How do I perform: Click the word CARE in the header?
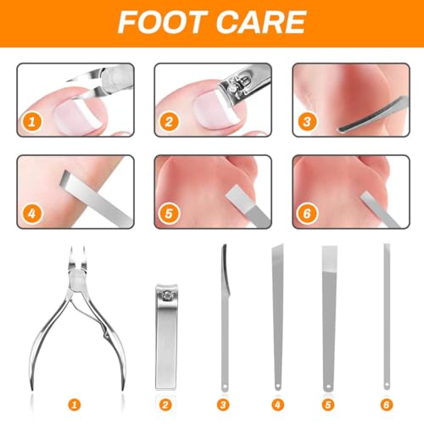coord(261,22)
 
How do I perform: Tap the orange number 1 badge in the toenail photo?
coord(31,122)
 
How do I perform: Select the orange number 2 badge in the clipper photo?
coord(169,122)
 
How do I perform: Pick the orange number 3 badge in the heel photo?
coord(307,122)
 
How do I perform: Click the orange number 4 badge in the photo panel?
coord(31,214)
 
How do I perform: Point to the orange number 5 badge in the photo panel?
coord(169,214)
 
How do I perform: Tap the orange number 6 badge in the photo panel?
coord(307,214)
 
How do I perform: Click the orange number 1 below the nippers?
coord(75,404)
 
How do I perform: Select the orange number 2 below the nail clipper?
coord(165,404)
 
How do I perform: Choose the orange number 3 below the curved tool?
coord(223,404)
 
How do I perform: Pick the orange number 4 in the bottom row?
coord(277,404)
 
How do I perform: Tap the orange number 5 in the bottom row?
coord(328,404)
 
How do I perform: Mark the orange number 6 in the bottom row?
coord(387,404)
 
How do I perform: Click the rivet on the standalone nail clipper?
coord(167,296)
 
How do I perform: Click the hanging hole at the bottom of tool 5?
coord(328,386)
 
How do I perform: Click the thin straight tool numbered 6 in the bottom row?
coord(387,316)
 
